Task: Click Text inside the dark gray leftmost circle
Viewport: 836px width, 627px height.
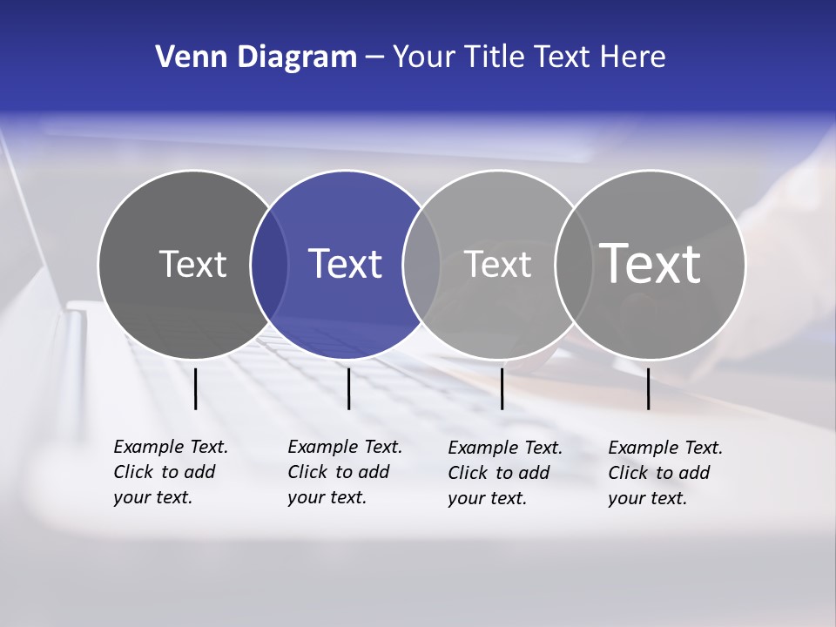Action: click(192, 264)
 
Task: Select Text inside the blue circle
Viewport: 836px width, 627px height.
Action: click(346, 264)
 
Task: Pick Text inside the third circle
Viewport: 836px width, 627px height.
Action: click(497, 264)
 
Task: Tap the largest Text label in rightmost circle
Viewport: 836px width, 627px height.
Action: click(651, 264)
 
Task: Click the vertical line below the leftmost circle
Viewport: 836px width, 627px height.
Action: click(195, 388)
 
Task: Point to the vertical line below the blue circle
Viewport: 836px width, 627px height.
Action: click(348, 388)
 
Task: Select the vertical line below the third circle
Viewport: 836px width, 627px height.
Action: click(502, 388)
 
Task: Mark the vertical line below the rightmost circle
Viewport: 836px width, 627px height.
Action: click(648, 388)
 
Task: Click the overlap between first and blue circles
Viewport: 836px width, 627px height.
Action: click(269, 264)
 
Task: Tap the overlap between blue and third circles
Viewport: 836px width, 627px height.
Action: click(421, 264)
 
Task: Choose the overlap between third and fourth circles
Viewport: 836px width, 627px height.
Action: click(574, 264)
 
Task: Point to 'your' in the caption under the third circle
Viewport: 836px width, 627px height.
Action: click(466, 498)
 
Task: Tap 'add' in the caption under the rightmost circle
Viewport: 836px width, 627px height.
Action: click(694, 473)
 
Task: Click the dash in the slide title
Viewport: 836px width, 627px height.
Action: click(374, 57)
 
